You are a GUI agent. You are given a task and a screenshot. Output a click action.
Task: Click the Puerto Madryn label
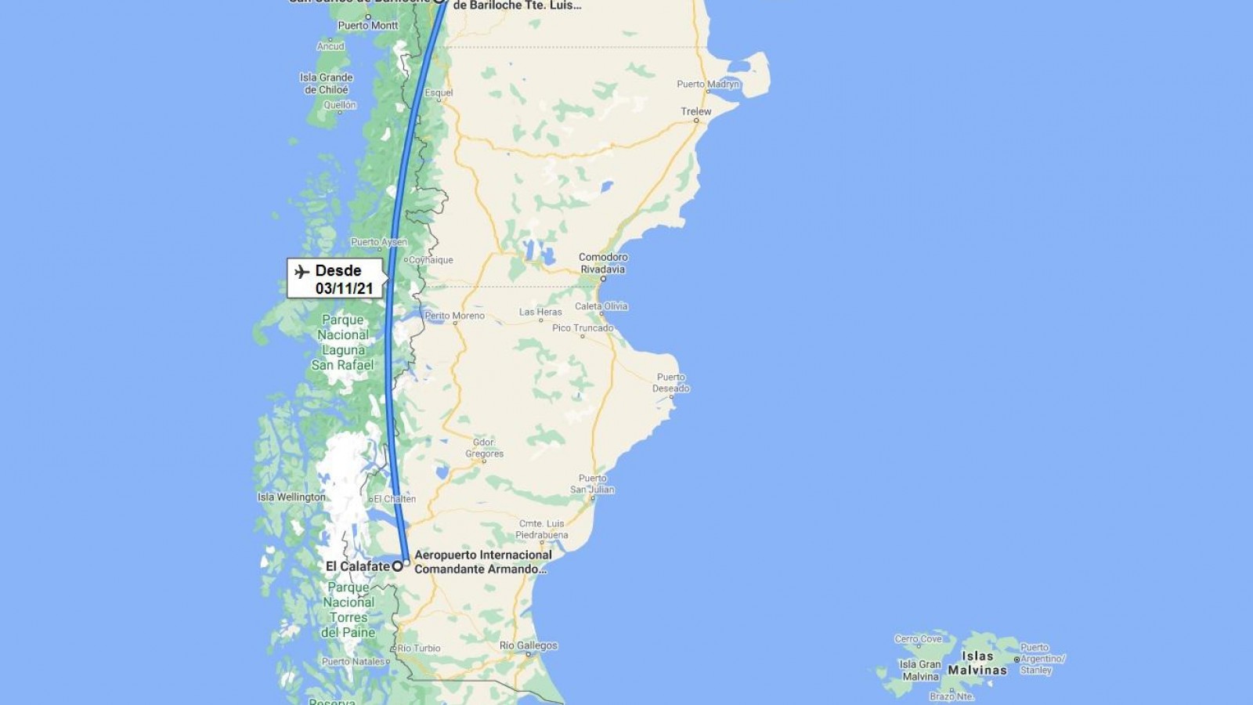coord(708,84)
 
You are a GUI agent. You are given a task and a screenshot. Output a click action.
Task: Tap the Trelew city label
coord(695,111)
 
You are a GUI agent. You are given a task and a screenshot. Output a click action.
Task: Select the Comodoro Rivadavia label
coord(603,263)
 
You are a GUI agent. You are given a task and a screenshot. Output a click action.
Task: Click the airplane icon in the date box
coord(302,272)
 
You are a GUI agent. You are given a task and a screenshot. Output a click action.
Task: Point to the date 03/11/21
coord(345,288)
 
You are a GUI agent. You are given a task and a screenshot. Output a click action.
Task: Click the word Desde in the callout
coord(338,270)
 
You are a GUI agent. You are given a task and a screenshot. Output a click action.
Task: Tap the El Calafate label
coord(357,566)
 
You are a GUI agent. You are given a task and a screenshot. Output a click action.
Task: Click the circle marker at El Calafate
coord(398,566)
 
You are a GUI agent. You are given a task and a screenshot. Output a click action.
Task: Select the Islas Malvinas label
coord(977,663)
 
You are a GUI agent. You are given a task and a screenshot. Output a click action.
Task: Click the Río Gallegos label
coord(529,645)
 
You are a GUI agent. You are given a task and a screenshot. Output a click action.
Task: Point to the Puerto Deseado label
coord(671,382)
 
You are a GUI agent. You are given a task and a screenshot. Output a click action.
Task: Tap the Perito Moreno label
coord(455,316)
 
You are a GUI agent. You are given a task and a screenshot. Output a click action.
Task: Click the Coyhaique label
coord(431,260)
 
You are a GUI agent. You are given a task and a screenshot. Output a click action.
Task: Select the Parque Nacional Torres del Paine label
coord(348,609)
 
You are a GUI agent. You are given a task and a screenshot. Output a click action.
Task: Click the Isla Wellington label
coord(291,497)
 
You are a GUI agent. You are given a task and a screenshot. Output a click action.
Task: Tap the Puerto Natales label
coord(353,661)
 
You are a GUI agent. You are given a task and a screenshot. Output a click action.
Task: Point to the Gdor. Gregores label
coord(485,448)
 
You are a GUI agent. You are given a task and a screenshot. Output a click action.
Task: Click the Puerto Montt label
coord(368,25)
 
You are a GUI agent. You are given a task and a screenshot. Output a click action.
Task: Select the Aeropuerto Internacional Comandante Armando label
coord(482,562)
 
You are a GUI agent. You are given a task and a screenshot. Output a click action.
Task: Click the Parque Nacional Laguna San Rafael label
coord(342,342)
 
